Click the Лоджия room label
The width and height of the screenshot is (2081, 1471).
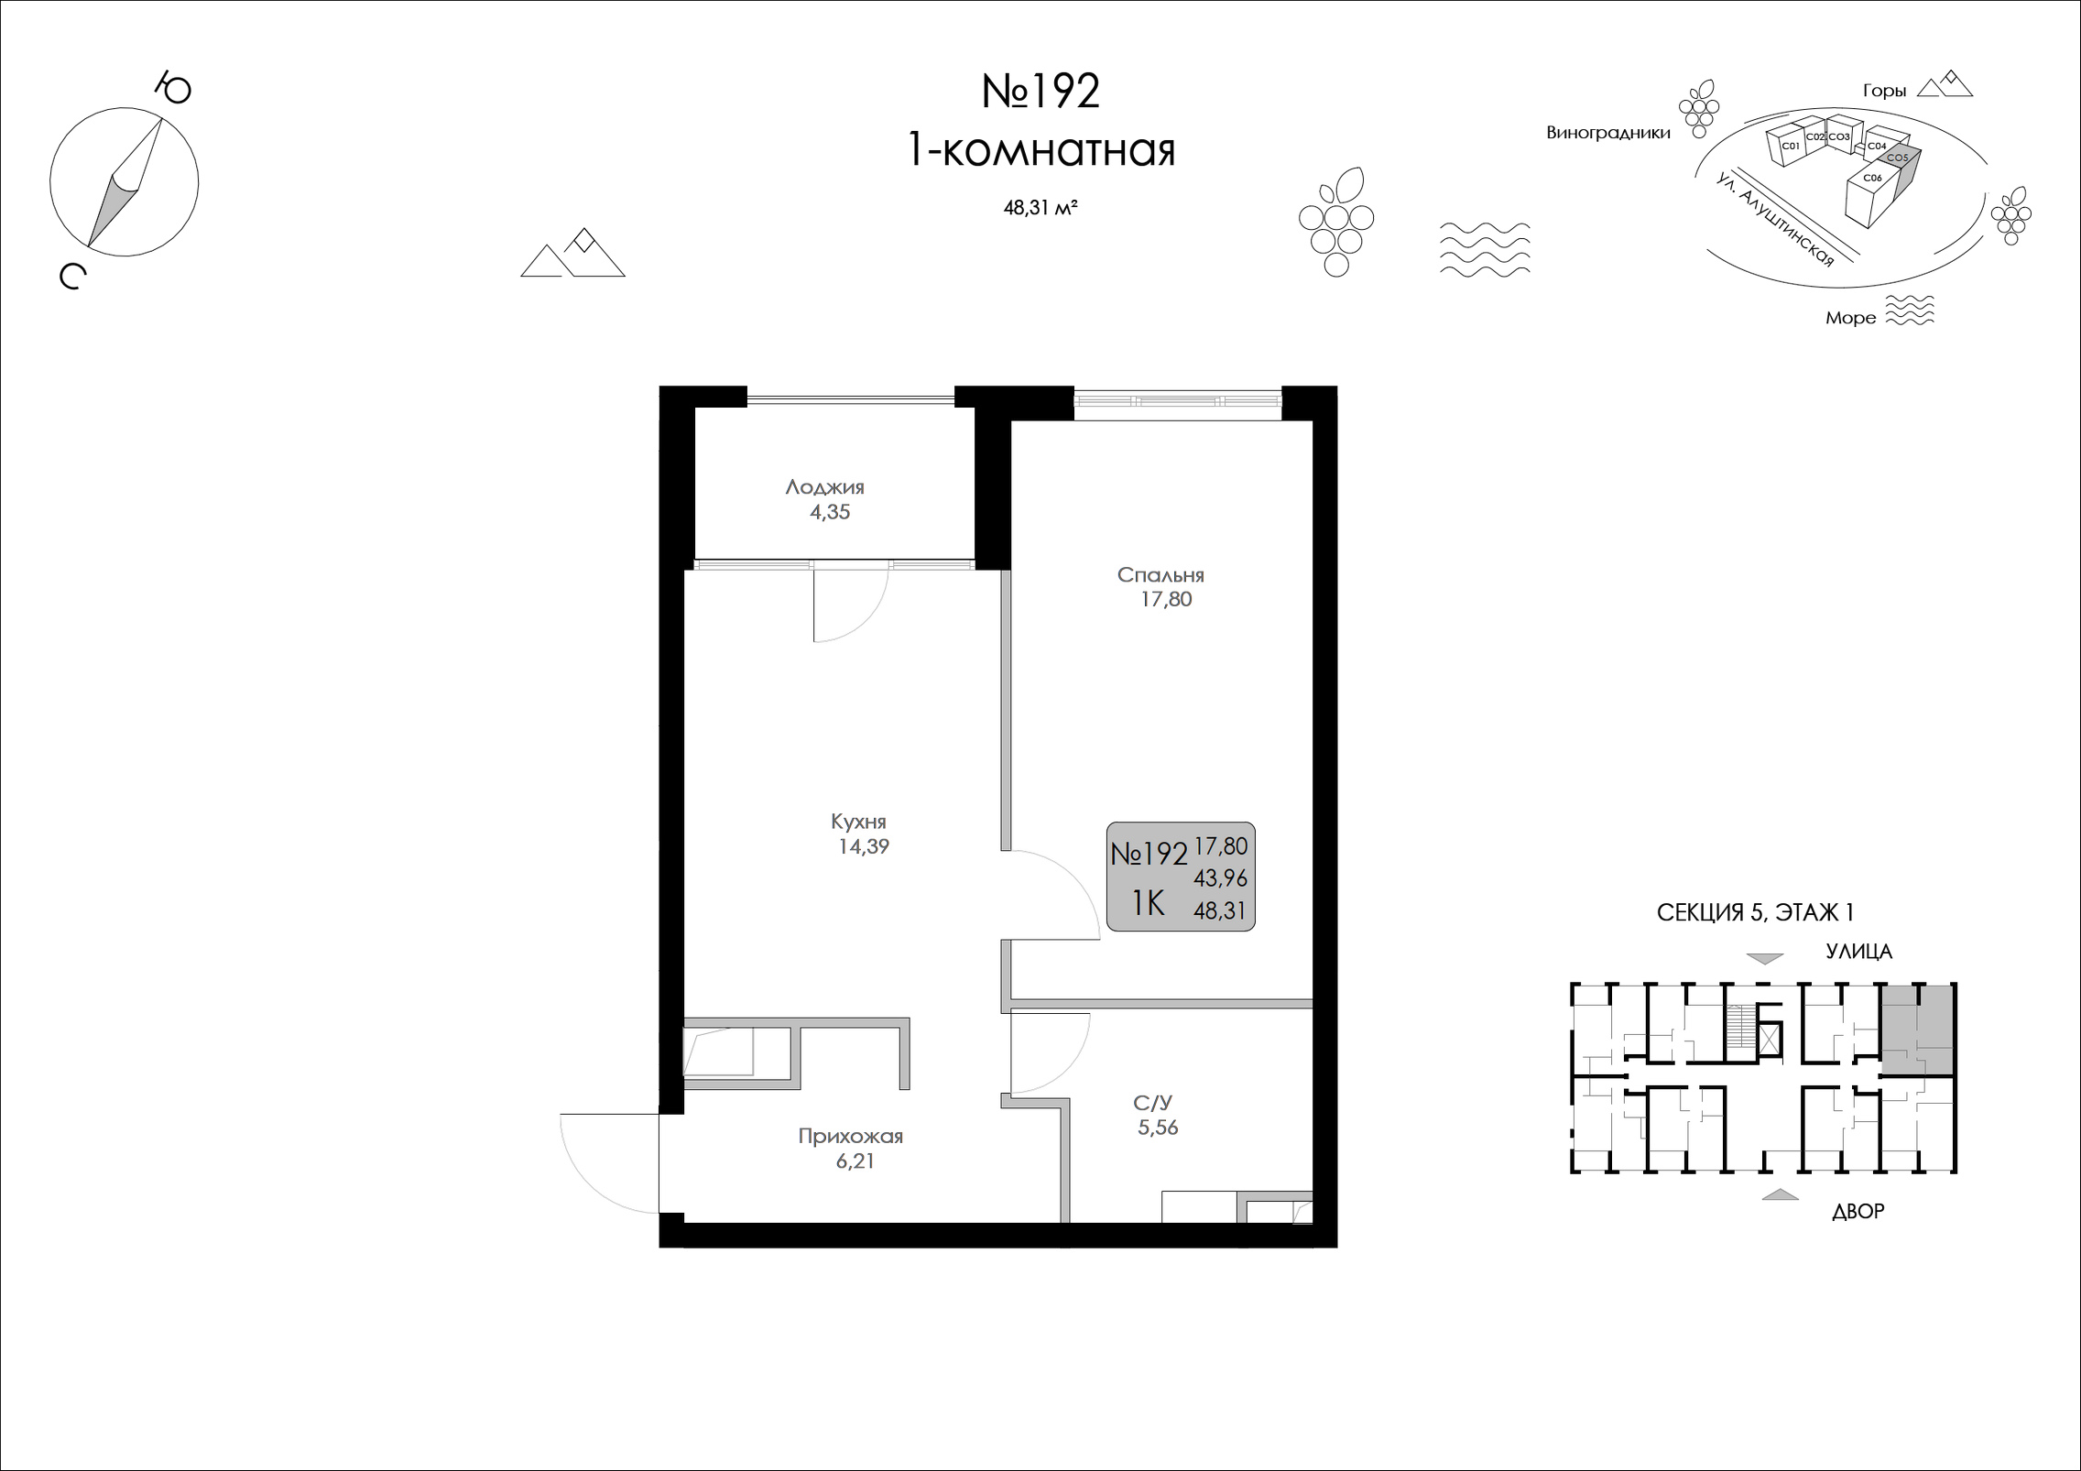coord(824,487)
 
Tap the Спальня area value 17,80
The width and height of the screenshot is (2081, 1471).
coord(1166,600)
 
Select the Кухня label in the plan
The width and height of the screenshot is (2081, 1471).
coord(858,822)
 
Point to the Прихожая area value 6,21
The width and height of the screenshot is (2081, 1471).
coord(855,1161)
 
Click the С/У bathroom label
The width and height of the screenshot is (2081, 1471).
coord(1152,1103)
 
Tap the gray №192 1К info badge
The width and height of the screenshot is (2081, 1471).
coord(1181,877)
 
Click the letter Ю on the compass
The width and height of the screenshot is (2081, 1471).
coord(172,89)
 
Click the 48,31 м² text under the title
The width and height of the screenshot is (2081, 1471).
coord(1040,208)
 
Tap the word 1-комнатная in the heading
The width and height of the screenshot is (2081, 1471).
coord(1040,150)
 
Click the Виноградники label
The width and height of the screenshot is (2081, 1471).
coord(1607,133)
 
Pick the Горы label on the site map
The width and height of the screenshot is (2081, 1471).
coord(1885,91)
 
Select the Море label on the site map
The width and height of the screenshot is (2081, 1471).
coord(1850,318)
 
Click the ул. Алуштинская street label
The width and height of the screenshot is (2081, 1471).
coord(1776,220)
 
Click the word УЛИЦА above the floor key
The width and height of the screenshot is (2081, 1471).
coord(1858,952)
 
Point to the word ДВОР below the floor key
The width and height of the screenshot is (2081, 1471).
coord(1858,1211)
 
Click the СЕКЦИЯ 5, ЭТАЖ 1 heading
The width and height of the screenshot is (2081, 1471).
coord(1755,912)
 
